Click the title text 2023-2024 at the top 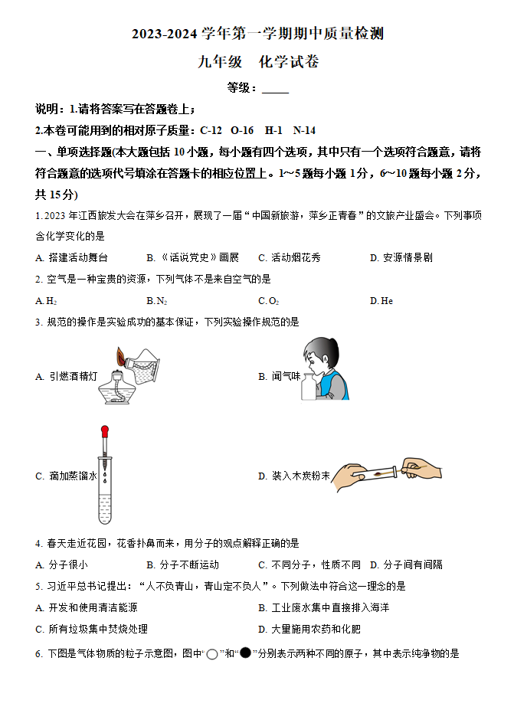[x=165, y=34]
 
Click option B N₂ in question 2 [x=156, y=301]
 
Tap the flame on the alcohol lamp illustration [x=121, y=357]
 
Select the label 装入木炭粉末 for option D [x=294, y=476]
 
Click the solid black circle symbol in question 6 [x=246, y=653]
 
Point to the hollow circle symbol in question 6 [x=212, y=654]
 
